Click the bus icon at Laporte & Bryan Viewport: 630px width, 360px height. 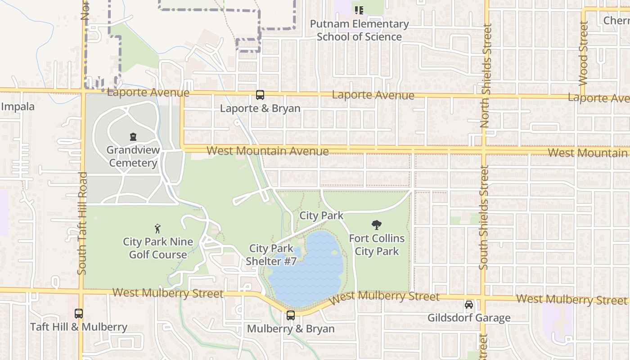260,95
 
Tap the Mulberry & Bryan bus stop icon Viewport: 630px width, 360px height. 291,315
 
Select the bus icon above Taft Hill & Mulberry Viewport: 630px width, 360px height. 79,313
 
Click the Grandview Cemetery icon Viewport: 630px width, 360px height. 133,137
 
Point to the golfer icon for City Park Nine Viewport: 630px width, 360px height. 157,229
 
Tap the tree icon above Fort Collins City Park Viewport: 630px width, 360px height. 377,225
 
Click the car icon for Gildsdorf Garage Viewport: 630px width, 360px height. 469,305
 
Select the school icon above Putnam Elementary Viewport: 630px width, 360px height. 359,10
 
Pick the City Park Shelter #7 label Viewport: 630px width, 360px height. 271,255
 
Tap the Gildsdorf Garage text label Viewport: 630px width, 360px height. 469,318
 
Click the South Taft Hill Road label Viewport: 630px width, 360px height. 82,223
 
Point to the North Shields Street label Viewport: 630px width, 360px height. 485,76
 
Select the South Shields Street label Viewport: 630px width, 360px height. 484,218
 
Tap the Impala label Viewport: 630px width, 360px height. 18,107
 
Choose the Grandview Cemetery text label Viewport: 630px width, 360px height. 133,156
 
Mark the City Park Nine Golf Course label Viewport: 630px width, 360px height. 158,248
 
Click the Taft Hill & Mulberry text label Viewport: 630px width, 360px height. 79,327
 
